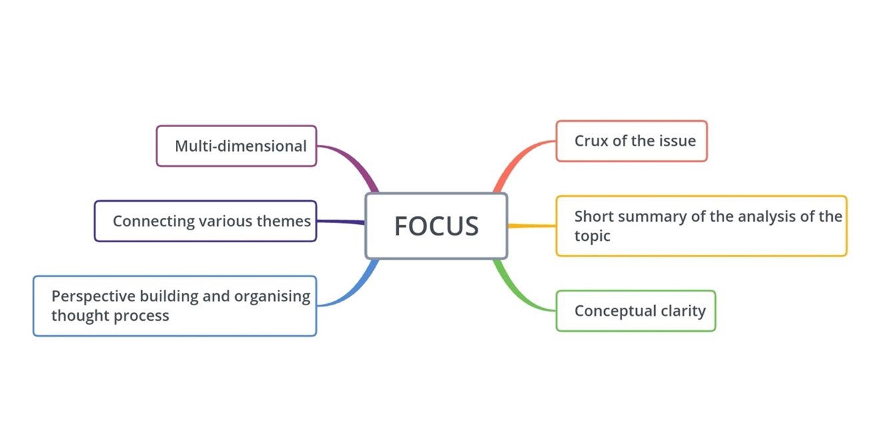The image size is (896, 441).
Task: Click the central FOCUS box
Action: (436, 226)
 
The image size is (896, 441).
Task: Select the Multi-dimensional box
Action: (236, 146)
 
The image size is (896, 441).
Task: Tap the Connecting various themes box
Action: (205, 221)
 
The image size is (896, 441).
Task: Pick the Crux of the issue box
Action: (631, 141)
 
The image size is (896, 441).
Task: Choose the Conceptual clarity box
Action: (636, 311)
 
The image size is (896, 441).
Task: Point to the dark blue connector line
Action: (340, 221)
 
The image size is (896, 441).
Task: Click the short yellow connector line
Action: (532, 226)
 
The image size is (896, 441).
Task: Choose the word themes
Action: (285, 221)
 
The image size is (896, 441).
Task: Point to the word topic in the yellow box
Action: (592, 235)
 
